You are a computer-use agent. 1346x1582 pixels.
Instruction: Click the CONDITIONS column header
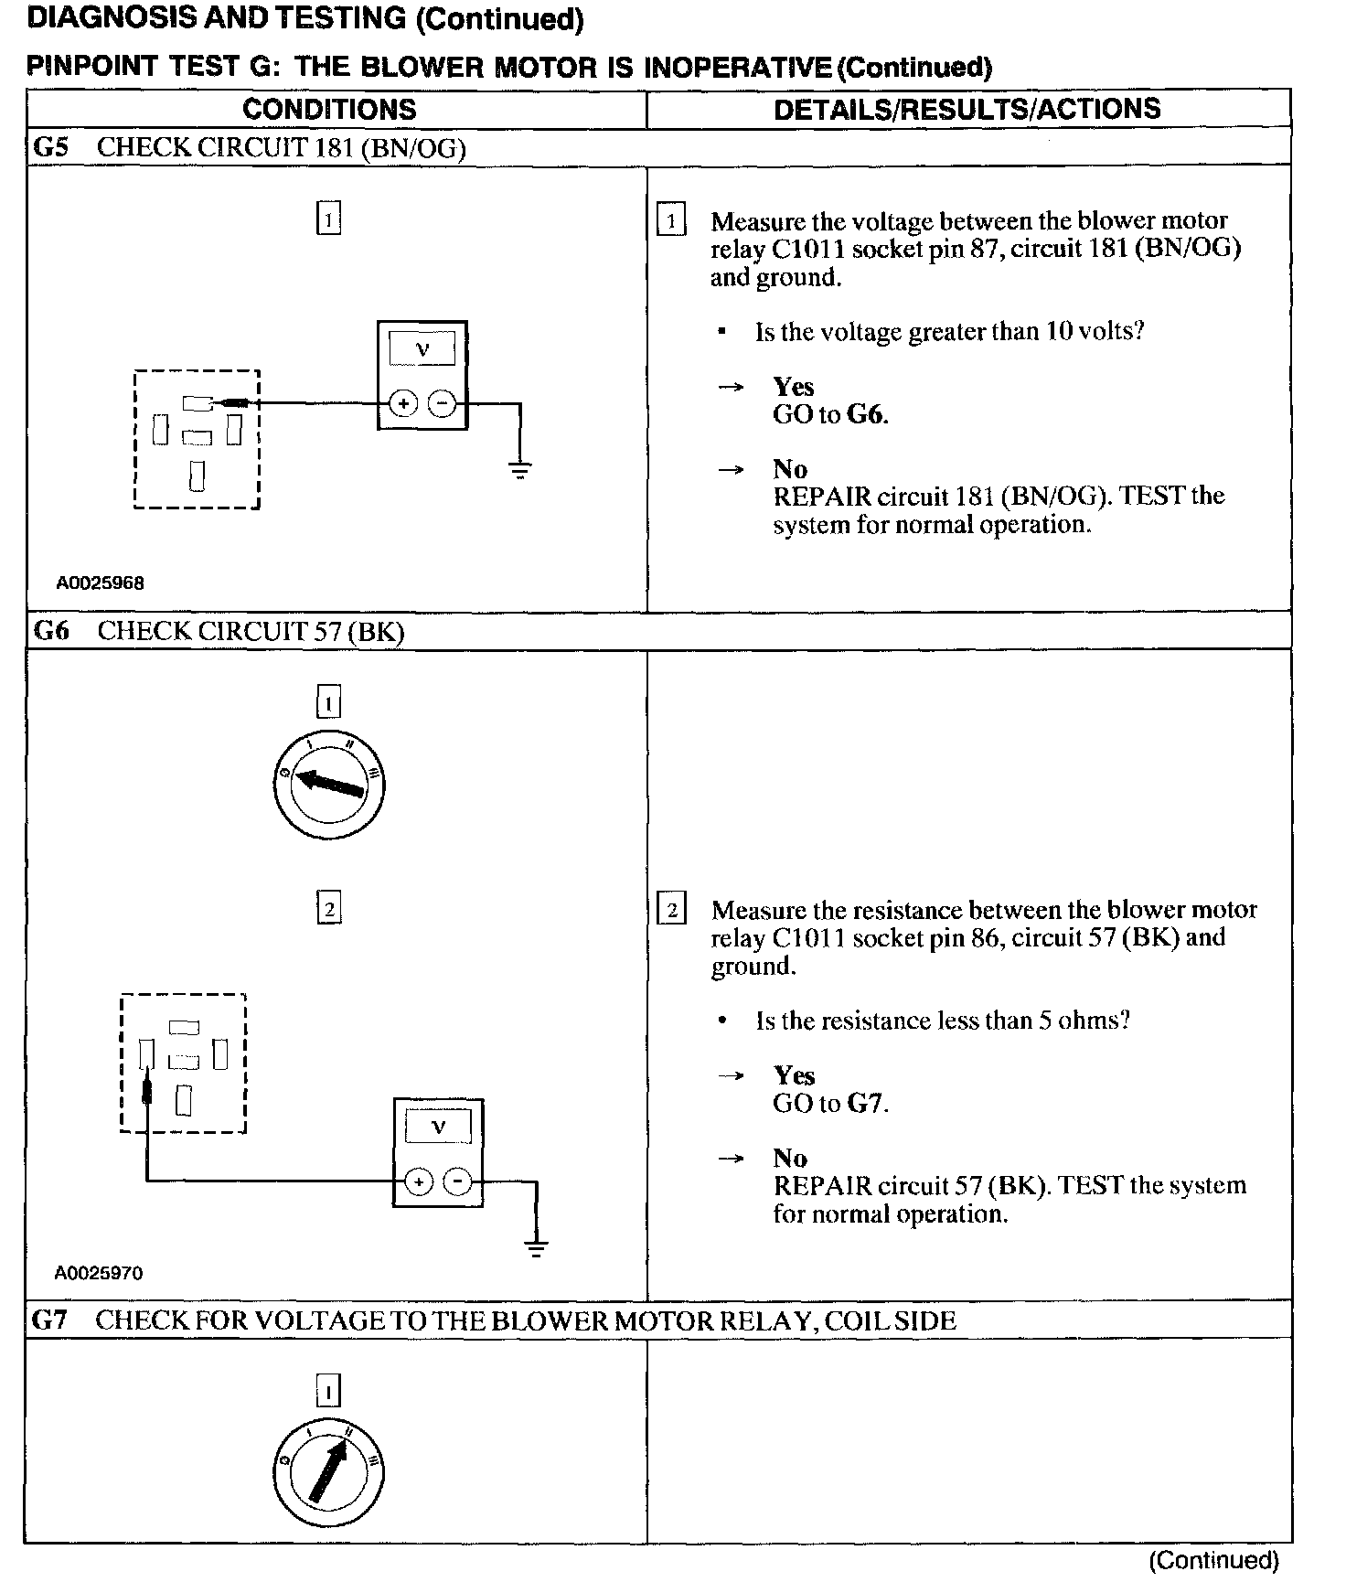click(x=329, y=110)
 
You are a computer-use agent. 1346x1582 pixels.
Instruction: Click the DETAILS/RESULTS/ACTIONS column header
click(x=967, y=110)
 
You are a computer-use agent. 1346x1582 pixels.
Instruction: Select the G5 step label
click(x=51, y=148)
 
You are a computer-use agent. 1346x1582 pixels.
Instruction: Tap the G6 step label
click(x=51, y=631)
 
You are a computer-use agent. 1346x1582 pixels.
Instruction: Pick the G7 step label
click(x=50, y=1320)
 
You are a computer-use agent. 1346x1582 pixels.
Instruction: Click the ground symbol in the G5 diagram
click(x=519, y=471)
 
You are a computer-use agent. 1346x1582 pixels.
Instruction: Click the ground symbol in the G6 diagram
click(x=536, y=1248)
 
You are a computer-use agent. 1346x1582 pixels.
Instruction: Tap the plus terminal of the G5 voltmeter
click(x=403, y=403)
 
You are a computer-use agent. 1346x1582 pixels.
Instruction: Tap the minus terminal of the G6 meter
click(x=457, y=1182)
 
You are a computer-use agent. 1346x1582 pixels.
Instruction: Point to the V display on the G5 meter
click(x=422, y=348)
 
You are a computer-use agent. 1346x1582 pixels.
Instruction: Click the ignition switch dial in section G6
click(x=328, y=785)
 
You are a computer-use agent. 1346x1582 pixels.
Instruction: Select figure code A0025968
click(x=101, y=583)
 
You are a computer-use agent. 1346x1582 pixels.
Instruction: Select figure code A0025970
click(x=99, y=1273)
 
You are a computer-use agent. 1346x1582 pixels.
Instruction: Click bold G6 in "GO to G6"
click(x=865, y=415)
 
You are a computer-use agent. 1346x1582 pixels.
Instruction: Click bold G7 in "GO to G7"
click(x=865, y=1104)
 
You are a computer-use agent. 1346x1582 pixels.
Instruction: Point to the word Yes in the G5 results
click(x=793, y=387)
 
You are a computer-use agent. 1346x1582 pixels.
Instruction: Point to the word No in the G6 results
click(x=790, y=1159)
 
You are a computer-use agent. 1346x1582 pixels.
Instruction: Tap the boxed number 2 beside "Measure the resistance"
click(x=672, y=911)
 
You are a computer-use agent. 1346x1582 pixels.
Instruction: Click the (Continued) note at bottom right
click(x=1213, y=1561)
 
